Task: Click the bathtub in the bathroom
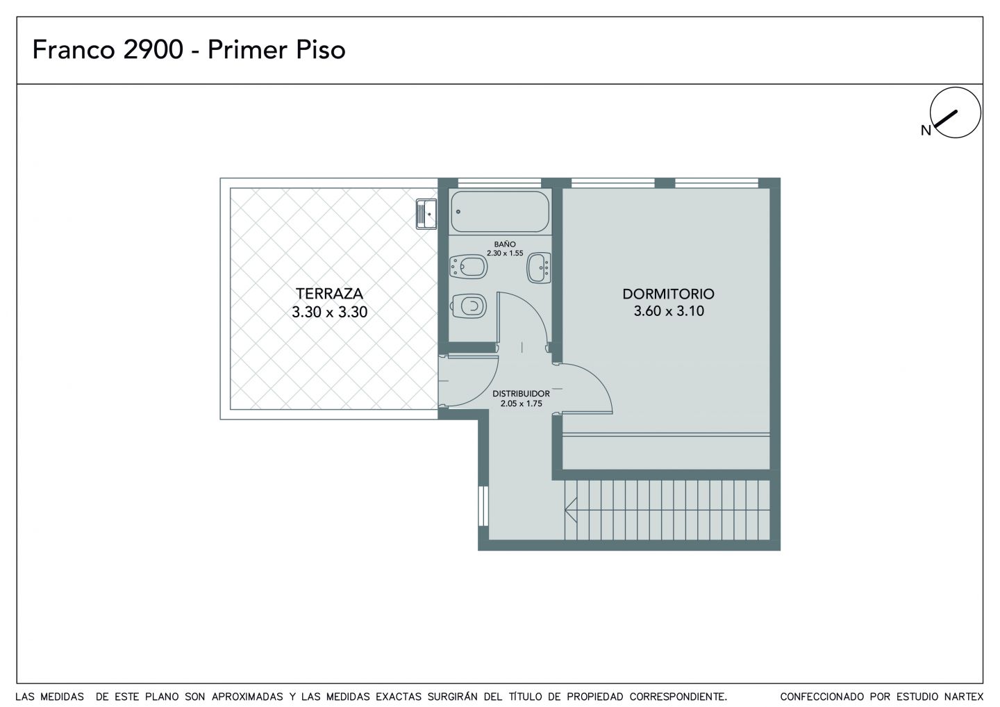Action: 500,212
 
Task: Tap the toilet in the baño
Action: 468,306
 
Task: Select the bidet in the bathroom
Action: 468,267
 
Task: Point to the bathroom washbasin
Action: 539,267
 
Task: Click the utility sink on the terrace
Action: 426,214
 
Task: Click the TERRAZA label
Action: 329,293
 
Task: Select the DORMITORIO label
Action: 668,294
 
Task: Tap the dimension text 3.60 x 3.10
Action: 669,311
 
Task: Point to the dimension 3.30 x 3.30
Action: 329,312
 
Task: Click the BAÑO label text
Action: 505,244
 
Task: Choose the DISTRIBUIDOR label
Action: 521,394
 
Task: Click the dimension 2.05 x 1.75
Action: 521,404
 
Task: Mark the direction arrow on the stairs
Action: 667,510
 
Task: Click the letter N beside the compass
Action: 926,131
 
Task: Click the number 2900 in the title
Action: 153,49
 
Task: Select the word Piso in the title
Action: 321,49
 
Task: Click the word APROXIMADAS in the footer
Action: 247,697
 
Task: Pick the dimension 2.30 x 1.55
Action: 505,253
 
